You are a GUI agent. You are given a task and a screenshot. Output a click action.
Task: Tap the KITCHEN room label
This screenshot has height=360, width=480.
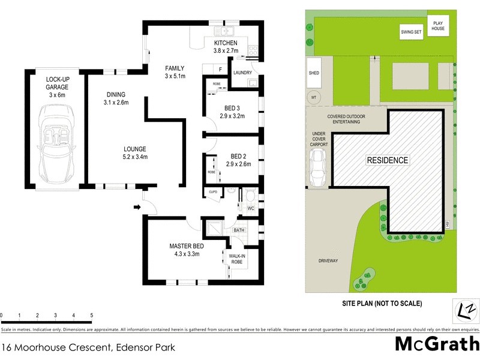pyautogui.click(x=226, y=43)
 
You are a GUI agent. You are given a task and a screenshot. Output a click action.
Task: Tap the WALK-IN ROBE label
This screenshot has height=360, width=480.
pyautogui.click(x=239, y=259)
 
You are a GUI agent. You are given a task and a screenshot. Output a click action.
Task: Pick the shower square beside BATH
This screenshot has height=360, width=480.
pyautogui.click(x=214, y=229)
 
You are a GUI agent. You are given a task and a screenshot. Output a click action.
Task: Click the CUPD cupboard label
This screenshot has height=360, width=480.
pyautogui.click(x=212, y=193)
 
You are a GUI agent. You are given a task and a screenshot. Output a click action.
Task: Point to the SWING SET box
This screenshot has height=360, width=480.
pyautogui.click(x=412, y=32)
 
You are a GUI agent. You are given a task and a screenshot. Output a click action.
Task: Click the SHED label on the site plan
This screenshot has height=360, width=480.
pyautogui.click(x=314, y=73)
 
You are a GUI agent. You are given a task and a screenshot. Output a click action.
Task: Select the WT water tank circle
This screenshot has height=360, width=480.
pyautogui.click(x=313, y=97)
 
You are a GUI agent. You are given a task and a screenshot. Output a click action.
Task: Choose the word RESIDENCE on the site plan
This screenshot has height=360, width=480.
pyautogui.click(x=388, y=161)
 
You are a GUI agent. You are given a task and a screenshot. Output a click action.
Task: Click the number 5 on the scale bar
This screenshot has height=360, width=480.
pyautogui.click(x=91, y=315)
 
